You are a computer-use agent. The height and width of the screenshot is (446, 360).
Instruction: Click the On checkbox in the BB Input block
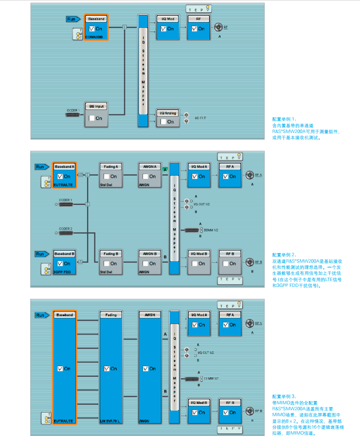92,118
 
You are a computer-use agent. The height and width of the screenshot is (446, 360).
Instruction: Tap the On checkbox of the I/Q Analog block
164,122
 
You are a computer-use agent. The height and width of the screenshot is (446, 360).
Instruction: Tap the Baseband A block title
65,166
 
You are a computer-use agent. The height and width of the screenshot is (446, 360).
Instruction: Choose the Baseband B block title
65,253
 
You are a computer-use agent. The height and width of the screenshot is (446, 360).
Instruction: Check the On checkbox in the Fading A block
106,176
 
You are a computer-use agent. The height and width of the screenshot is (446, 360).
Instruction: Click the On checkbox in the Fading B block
106,264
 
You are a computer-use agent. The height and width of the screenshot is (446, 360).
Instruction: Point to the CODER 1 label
66,200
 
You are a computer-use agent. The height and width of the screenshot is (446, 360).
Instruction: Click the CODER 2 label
66,228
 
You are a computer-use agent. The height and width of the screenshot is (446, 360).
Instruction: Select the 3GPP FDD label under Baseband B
62,272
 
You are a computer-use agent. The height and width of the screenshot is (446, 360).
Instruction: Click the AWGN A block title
150,166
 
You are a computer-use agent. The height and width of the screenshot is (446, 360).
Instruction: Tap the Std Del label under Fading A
106,185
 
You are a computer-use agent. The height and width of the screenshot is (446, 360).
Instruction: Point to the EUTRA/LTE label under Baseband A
64,185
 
